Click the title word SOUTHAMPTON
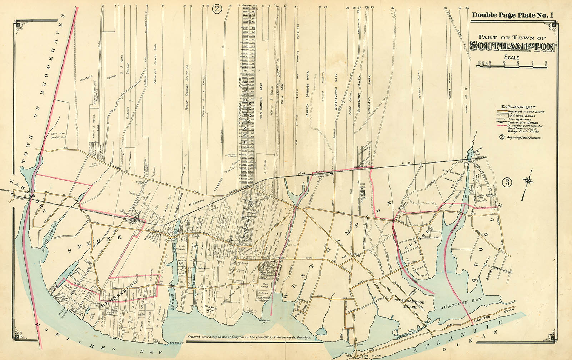point(513,46)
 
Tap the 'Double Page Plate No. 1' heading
point(512,15)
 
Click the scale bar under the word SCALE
point(512,64)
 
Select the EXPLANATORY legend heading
point(518,107)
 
